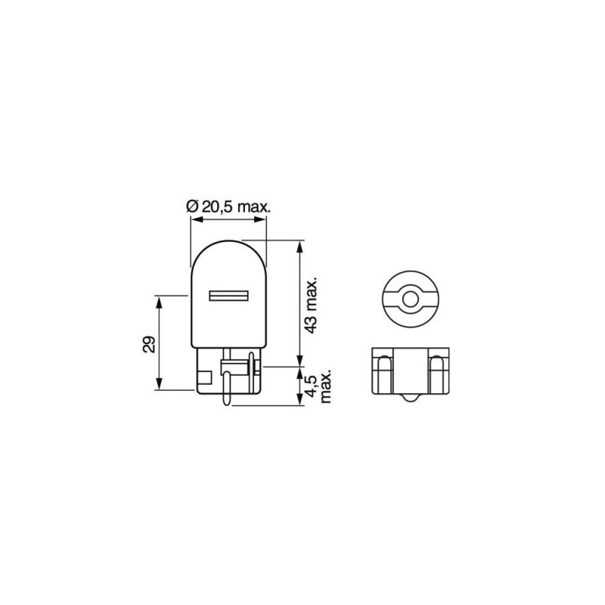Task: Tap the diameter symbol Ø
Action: tap(192, 206)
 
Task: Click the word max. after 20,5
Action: tap(254, 208)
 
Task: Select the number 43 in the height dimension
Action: tap(311, 325)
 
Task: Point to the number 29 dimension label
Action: tap(149, 345)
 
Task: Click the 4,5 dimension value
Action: tap(311, 386)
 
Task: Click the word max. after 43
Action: tap(311, 295)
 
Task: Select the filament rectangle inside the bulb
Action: tap(228, 296)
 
